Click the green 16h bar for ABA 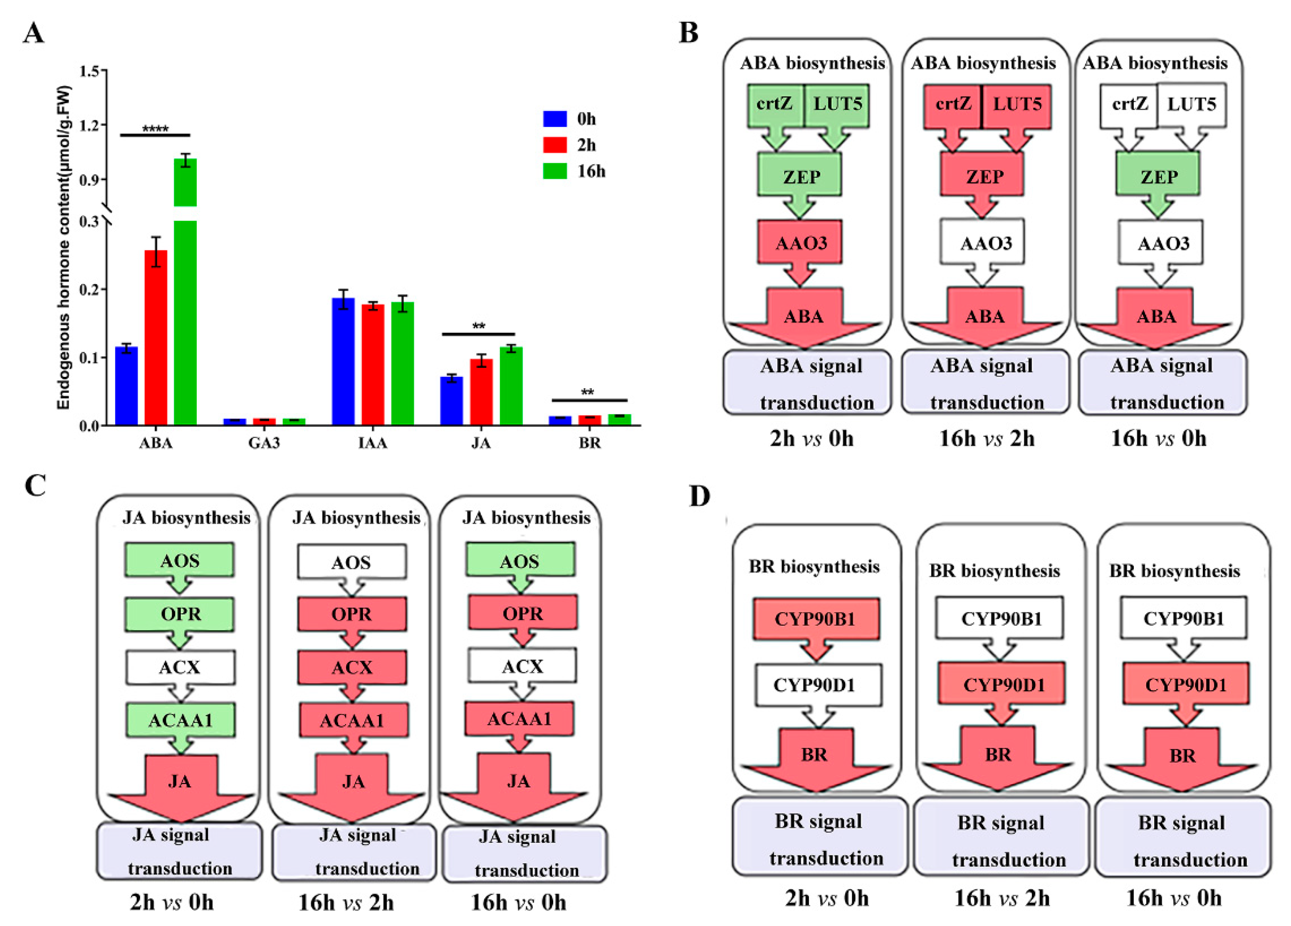[x=185, y=319]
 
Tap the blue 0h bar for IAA [x=343, y=361]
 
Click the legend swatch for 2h [x=554, y=145]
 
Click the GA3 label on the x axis [x=264, y=443]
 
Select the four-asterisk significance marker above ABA [x=155, y=129]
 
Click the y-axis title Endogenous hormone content [x=63, y=248]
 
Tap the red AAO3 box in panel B [x=800, y=243]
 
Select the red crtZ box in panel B [x=953, y=105]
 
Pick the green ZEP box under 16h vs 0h [x=1158, y=176]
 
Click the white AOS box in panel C [x=351, y=562]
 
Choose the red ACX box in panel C [x=352, y=667]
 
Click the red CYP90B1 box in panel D [x=815, y=619]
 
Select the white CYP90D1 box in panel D [x=815, y=685]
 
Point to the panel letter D [x=700, y=496]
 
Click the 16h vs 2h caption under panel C [x=346, y=902]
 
